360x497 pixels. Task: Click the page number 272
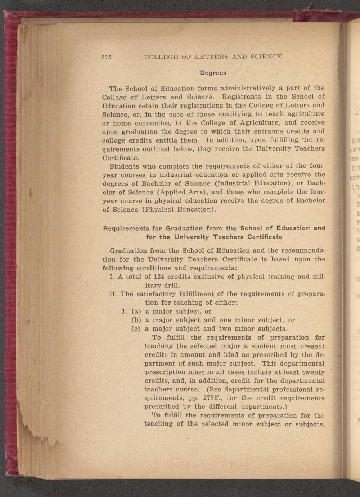pyautogui.click(x=107, y=57)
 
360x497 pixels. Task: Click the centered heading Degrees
pyautogui.click(x=213, y=73)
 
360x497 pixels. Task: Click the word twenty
pyautogui.click(x=312, y=372)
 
